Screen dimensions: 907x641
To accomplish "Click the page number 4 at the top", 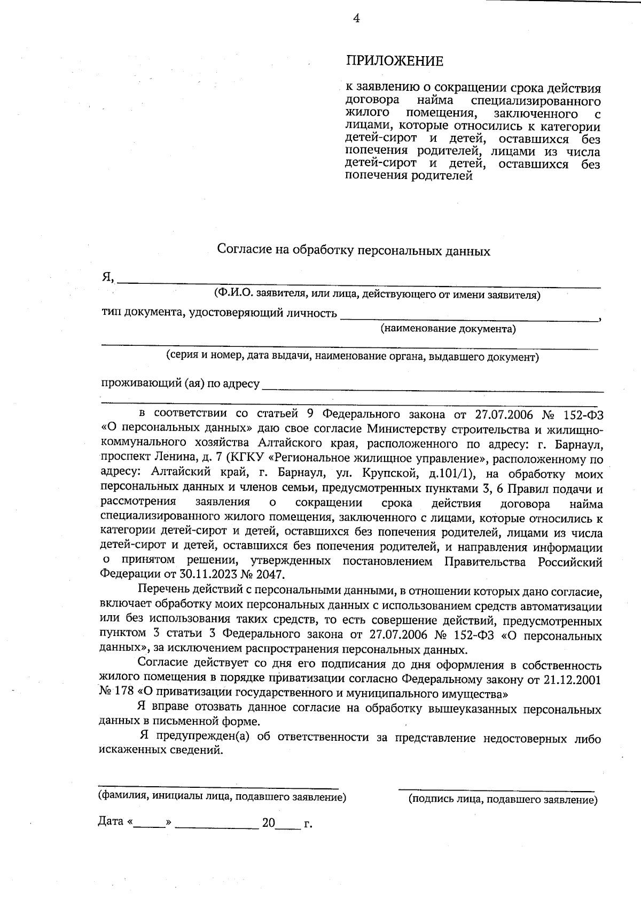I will tap(356, 19).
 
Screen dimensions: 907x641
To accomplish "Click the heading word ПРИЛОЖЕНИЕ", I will tap(395, 61).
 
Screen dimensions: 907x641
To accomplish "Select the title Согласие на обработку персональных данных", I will tap(353, 250).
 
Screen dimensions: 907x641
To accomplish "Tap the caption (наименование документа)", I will tap(448, 329).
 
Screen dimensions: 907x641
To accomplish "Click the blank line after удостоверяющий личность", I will tap(469, 317).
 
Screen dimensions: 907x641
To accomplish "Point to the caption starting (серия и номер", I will tap(352, 356).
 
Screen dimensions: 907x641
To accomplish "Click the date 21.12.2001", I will tap(572, 680).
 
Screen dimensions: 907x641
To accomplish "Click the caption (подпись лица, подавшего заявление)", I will tap(502, 800).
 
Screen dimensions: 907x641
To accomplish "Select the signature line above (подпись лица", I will tap(496, 789).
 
